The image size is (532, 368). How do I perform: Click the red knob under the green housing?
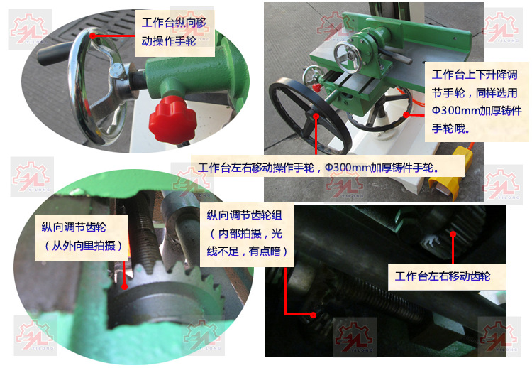172,119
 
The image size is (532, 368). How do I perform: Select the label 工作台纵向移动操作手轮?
174,32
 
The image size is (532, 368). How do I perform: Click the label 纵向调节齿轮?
74,227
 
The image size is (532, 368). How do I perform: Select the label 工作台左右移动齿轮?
443,276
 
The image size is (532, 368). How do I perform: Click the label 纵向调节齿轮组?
244,215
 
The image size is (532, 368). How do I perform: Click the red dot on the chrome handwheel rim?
93,36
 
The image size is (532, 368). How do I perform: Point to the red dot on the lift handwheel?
406,114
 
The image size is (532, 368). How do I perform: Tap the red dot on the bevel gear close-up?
125,286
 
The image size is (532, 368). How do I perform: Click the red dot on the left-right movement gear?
453,234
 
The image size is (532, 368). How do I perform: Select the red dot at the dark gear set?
313,315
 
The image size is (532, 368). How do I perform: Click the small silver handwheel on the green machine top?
348,58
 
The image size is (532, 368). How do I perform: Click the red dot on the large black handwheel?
316,116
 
